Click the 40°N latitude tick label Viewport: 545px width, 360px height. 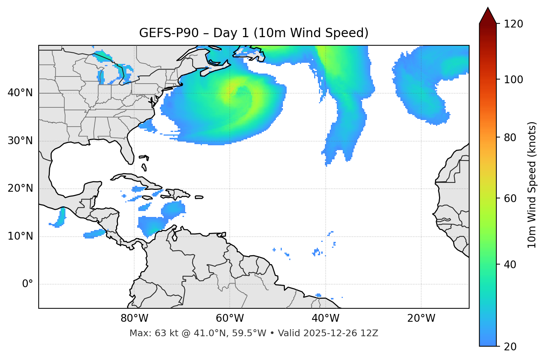[20, 93]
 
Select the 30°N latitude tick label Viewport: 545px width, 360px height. [20, 141]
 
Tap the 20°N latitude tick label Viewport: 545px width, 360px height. [20, 188]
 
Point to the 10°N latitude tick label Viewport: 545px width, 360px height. [20, 236]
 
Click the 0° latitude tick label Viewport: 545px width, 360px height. [27, 284]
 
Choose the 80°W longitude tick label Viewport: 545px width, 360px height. [134, 318]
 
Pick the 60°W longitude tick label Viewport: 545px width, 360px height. [230, 318]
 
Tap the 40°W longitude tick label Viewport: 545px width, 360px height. [326, 318]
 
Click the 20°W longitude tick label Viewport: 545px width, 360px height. [421, 318]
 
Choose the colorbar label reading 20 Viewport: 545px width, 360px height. [511, 347]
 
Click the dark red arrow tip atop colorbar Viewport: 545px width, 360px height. [488, 14]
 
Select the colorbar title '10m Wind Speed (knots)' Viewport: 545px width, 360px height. [532, 185]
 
